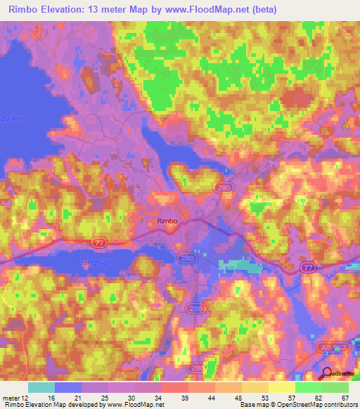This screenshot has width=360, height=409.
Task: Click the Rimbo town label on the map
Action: point(167,221)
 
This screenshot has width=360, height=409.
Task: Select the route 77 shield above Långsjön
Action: point(100,241)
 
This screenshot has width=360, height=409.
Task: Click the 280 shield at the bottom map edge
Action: point(197,368)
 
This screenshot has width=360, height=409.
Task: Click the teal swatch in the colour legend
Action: point(41,387)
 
